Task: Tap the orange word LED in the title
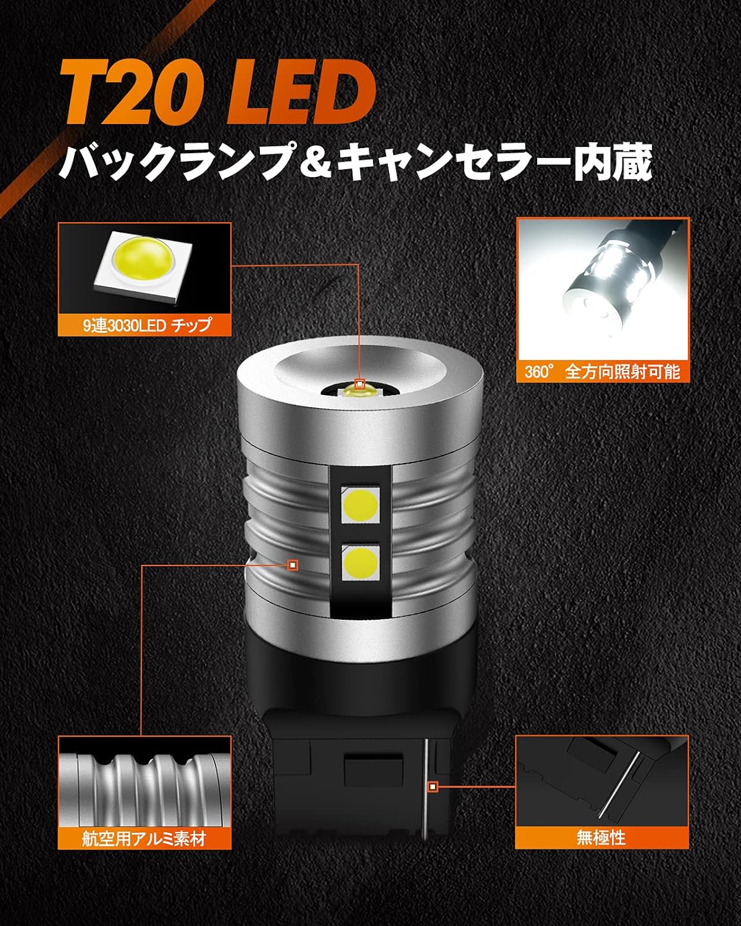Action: click(x=301, y=91)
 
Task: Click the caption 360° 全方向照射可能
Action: click(x=602, y=372)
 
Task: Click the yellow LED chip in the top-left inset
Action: click(x=143, y=265)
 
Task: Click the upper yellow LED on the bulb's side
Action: click(x=360, y=504)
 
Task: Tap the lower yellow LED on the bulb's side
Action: click(x=361, y=562)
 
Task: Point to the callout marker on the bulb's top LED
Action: click(x=360, y=383)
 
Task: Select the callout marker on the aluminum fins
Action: click(x=293, y=564)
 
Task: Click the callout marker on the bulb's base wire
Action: click(x=433, y=787)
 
